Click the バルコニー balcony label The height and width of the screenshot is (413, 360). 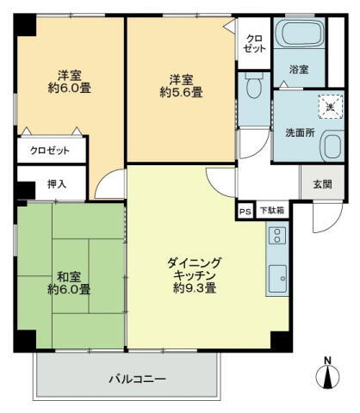(137, 378)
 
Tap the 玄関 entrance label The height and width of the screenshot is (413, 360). (321, 183)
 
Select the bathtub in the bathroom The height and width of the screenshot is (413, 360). (299, 36)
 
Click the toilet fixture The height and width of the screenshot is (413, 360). (253, 88)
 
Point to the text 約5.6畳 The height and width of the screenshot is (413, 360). (180, 92)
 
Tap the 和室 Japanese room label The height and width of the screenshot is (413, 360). (69, 276)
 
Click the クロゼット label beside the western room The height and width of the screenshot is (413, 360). (51, 151)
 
